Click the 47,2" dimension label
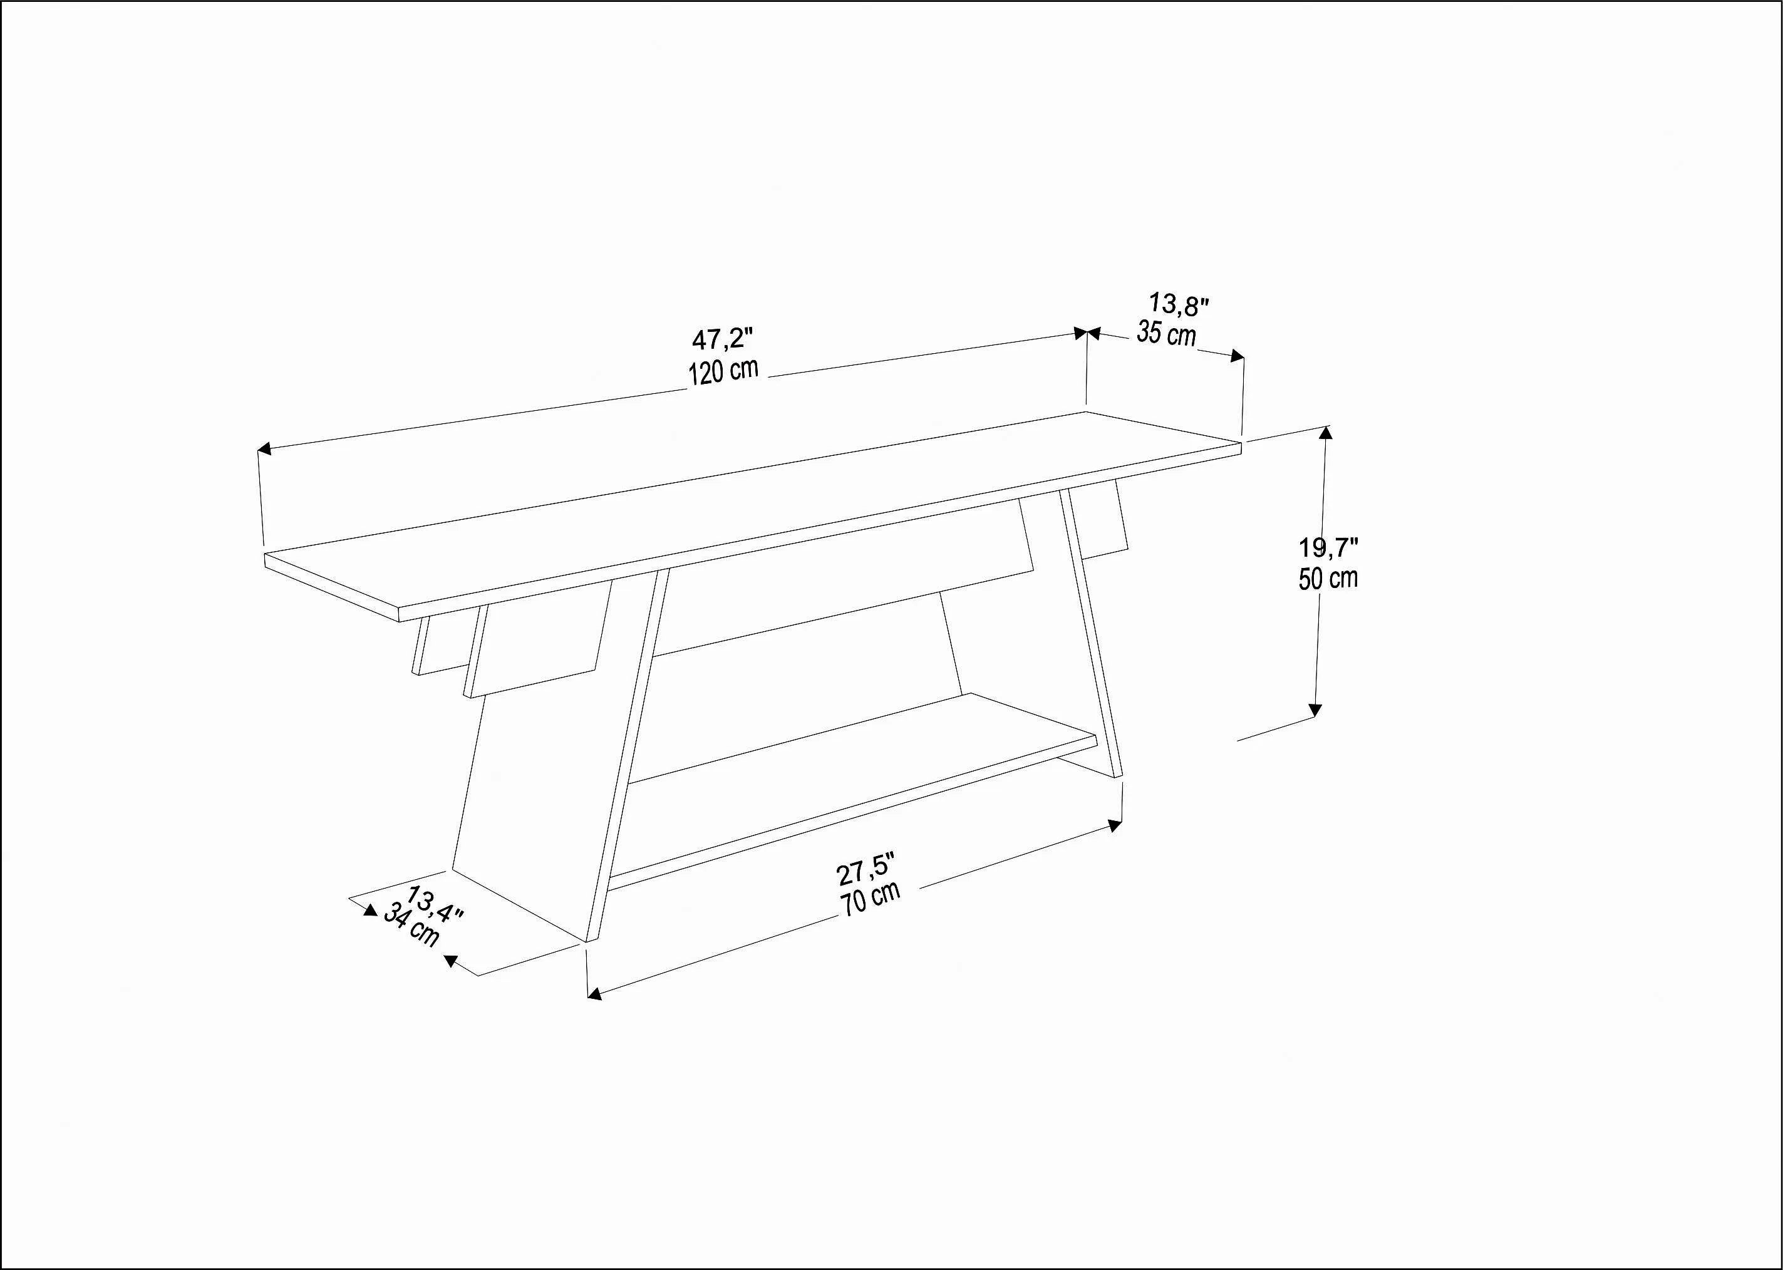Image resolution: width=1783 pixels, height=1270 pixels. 722,339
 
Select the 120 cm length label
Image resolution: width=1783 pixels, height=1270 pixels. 723,371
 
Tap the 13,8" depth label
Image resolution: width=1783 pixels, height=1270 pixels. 1179,304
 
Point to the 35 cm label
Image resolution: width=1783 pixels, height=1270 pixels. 1167,334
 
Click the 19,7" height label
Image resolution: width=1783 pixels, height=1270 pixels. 1329,547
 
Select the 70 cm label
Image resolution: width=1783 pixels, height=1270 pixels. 871,899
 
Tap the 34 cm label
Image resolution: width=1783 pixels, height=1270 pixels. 411,926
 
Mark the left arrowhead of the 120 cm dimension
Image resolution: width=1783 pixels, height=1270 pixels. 264,448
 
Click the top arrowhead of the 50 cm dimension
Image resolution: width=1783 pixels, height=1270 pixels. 1325,431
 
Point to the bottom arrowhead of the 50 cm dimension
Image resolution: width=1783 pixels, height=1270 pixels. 1315,710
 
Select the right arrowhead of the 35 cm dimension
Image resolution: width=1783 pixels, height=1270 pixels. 1237,356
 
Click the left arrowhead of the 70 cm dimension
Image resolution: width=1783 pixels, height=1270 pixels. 594,994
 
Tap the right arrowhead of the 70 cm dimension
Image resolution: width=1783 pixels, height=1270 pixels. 1116,825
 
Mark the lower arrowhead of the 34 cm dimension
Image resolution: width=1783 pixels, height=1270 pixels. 450,960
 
